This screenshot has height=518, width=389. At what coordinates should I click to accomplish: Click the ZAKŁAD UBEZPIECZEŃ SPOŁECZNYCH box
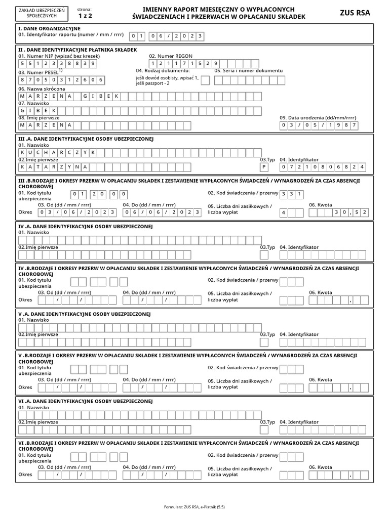click(x=41, y=13)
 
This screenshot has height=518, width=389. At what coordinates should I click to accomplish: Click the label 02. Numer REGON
click(x=171, y=56)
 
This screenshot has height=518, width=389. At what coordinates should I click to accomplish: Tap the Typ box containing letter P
click(x=264, y=166)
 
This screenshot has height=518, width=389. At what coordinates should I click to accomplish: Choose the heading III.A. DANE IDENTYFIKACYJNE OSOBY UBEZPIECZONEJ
click(x=86, y=138)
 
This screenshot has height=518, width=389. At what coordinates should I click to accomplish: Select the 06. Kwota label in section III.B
click(x=321, y=205)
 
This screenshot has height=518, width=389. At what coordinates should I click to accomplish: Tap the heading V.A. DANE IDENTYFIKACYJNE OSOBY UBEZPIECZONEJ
click(x=85, y=314)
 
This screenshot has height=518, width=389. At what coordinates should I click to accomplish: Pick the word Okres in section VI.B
click(x=25, y=475)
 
